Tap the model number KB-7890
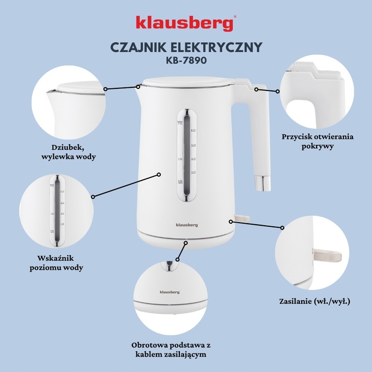tap(186, 60)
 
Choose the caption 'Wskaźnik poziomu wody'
tap(60, 262)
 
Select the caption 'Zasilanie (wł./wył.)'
tap(317, 300)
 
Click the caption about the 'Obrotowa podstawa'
tap(187, 349)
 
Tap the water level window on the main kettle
tap(185, 155)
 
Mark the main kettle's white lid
tap(186, 82)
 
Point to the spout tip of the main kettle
tap(138, 86)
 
